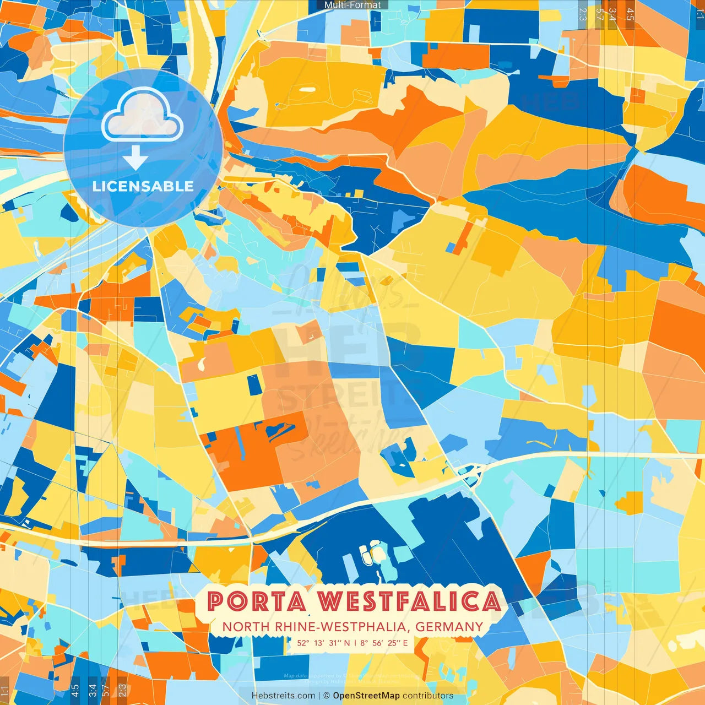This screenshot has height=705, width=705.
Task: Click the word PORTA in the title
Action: click(257, 601)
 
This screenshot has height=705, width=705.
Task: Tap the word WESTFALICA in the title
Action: click(410, 601)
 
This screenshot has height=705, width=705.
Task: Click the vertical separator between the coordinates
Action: click(355, 643)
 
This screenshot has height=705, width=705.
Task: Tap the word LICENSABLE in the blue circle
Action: click(143, 186)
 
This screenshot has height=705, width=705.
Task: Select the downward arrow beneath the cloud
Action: click(135, 158)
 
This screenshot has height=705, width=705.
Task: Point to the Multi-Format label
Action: click(352, 5)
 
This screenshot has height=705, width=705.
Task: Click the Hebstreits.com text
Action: click(283, 696)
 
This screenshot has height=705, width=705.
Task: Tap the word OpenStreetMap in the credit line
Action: click(366, 696)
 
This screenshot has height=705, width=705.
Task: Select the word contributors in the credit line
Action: click(428, 696)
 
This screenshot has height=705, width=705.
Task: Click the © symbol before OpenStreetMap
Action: click(327, 696)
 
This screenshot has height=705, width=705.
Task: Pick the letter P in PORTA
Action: click(216, 601)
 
